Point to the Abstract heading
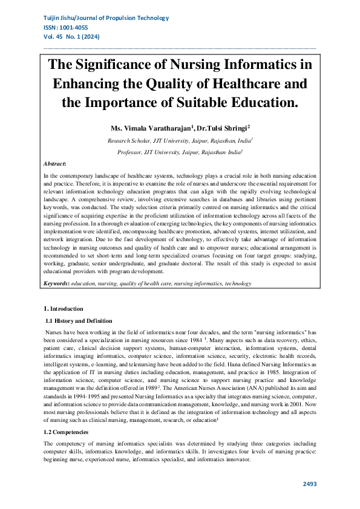[55, 164]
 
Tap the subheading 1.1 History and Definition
[79, 320]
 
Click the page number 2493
[309, 484]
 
